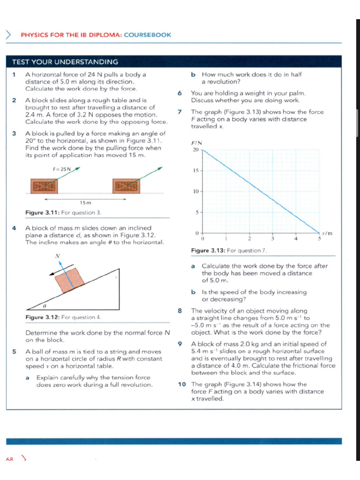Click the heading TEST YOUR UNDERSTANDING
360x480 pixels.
65,62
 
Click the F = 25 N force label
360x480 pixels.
61,169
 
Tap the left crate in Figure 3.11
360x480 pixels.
44,186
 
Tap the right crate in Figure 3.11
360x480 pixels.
127,186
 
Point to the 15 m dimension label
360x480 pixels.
85,202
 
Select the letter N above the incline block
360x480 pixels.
58,256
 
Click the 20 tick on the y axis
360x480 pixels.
195,150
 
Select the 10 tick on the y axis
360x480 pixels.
195,191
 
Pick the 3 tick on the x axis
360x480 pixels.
272,239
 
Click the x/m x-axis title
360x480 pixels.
327,233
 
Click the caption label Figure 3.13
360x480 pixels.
209,251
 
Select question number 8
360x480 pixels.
180,311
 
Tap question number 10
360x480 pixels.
182,384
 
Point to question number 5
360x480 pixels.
15,352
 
